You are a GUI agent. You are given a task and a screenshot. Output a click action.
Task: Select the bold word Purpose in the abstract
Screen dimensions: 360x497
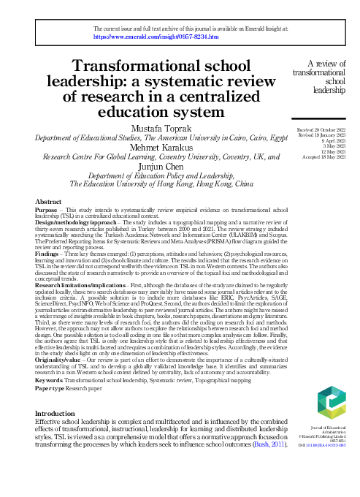(x=47, y=209)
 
